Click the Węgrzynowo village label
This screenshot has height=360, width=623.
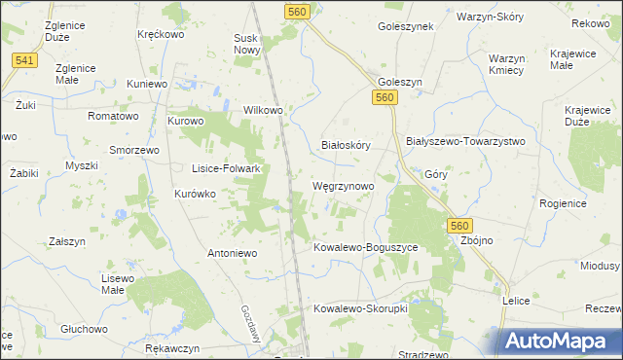pos(342,185)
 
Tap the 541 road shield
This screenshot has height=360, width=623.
pos(26,60)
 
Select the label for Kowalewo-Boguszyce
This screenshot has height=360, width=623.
pos(365,248)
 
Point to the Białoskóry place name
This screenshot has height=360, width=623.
pos(347,145)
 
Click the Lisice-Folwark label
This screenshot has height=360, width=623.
pos(226,168)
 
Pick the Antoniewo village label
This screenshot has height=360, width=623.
pos(231,253)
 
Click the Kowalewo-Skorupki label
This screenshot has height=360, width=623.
pos(358,308)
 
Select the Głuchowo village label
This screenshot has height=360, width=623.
pos(83,329)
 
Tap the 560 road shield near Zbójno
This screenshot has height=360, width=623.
pos(461,225)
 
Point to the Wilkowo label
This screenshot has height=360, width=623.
pos(263,111)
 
